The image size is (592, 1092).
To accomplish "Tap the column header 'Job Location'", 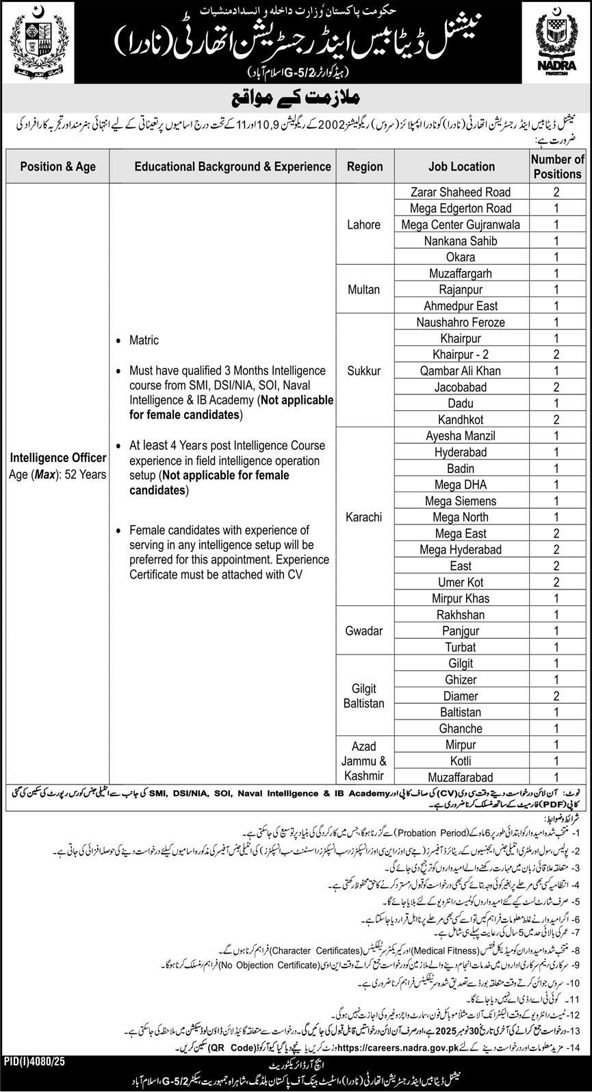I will tap(461, 166).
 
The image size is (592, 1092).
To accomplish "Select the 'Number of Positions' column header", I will tap(557, 166).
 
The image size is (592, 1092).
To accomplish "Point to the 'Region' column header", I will tap(364, 166).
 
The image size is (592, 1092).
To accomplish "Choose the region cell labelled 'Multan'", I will tap(364, 290).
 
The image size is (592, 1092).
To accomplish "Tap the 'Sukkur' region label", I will tap(364, 371).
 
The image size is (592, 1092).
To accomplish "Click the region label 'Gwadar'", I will tap(364, 631).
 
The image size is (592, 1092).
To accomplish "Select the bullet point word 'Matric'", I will tap(144, 340).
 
